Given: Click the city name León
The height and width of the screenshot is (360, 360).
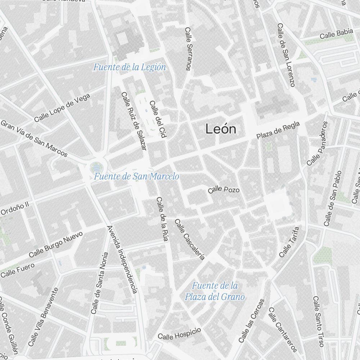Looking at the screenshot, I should click(x=221, y=129).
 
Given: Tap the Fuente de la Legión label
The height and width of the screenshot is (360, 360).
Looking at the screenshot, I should click(x=130, y=67).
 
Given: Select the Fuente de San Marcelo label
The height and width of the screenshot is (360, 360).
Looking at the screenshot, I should click(x=136, y=176).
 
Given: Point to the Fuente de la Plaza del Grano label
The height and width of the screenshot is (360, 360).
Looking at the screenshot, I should click(x=215, y=291).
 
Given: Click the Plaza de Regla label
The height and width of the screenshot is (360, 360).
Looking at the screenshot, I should click(x=278, y=130).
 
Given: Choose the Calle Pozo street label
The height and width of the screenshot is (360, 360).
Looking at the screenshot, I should click(x=224, y=189).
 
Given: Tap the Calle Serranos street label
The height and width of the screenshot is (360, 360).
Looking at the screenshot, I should click(x=188, y=49).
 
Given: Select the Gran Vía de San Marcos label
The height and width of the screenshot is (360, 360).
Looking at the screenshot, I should click(x=34, y=138).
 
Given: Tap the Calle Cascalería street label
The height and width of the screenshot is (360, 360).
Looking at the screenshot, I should click(x=189, y=239).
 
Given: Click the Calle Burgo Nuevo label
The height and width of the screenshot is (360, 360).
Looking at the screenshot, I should click(x=55, y=244).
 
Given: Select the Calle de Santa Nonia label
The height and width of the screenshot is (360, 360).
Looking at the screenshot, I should click(x=100, y=283).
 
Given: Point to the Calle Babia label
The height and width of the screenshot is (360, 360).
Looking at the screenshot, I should click(x=336, y=33).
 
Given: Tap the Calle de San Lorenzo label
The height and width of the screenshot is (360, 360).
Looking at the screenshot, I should click(x=286, y=55).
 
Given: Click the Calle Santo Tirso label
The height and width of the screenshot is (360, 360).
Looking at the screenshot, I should click(x=318, y=321).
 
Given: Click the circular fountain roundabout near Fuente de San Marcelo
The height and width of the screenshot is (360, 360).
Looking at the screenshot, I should click(x=96, y=167).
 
